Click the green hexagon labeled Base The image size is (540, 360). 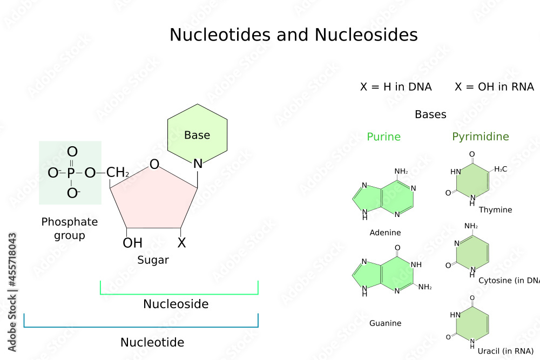197,135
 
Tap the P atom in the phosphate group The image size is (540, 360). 72,173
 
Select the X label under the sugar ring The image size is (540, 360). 181,243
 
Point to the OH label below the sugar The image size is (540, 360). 132,243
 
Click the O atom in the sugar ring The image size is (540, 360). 154,164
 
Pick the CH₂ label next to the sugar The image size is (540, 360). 117,173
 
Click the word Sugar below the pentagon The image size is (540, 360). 153,260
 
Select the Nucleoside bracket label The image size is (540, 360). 175,304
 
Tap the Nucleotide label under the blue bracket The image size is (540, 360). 152,342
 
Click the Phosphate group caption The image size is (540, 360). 69,228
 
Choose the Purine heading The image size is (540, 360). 383,137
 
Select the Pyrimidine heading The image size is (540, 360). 481,137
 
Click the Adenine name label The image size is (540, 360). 385,233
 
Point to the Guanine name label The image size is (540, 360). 385,323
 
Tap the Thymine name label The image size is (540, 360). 495,209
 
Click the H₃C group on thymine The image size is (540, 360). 501,169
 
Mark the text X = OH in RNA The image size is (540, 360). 494,87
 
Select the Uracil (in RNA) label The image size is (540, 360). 505,351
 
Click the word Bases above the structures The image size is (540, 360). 430,114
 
